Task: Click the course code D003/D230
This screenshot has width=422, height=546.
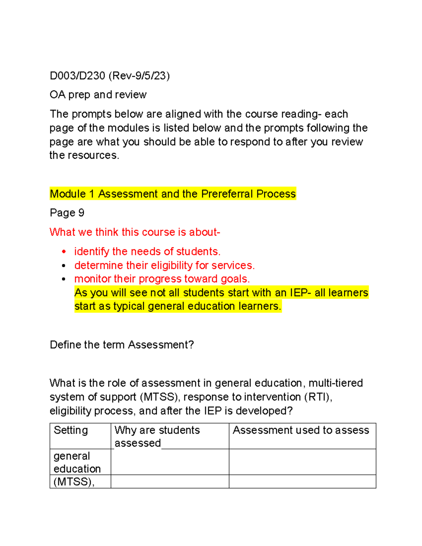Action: tap(77, 76)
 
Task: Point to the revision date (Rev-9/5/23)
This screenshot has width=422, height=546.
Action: tap(139, 76)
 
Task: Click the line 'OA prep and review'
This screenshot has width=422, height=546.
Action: tap(98, 95)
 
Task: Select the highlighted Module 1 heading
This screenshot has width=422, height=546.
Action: tap(173, 194)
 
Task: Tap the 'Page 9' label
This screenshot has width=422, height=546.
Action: tap(67, 213)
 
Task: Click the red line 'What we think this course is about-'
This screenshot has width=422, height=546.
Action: tap(135, 232)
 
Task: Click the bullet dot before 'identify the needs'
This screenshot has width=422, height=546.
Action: tap(64, 252)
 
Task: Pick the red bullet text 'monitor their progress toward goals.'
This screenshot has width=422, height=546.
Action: tap(162, 279)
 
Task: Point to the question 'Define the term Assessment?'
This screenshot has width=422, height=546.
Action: tap(122, 345)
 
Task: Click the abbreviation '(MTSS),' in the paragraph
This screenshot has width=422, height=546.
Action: tap(160, 397)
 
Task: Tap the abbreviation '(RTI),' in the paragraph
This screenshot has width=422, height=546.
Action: tap(318, 397)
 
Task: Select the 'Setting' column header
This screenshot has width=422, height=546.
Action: tap(71, 430)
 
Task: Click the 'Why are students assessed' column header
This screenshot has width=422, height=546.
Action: tap(157, 436)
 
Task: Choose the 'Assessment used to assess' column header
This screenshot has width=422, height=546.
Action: tap(301, 430)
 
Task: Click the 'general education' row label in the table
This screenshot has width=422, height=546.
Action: tap(77, 462)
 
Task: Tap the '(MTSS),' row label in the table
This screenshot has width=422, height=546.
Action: tap(74, 482)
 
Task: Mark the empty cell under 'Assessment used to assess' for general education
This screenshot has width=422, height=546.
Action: tap(302, 462)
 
